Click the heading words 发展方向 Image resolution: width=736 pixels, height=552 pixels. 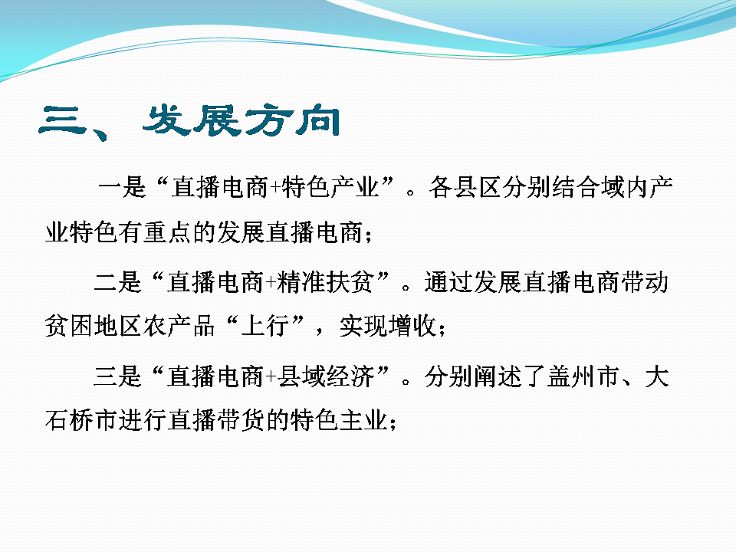tap(242, 120)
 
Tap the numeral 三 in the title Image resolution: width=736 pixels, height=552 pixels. tap(63, 120)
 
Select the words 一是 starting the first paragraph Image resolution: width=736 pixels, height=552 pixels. tap(123, 187)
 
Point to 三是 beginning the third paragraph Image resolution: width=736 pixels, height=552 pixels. tap(118, 376)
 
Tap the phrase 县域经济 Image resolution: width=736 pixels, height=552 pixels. tap(326, 376)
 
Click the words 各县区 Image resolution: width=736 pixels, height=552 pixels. tap(465, 187)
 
